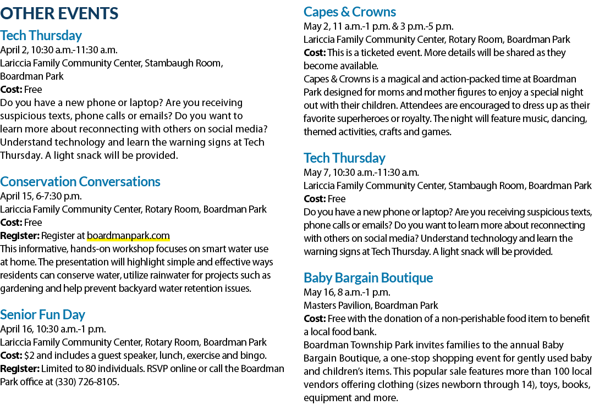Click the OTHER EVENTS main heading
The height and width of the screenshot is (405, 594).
[59, 13]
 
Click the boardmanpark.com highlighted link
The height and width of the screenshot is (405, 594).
[128, 236]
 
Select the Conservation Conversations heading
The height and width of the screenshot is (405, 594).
[80, 182]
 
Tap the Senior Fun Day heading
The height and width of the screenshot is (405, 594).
[42, 314]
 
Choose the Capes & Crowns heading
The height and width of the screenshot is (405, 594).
[350, 12]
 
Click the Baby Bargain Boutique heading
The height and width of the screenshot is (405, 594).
[368, 278]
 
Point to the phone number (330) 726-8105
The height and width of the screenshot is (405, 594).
[87, 382]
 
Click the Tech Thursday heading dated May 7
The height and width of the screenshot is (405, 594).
[344, 158]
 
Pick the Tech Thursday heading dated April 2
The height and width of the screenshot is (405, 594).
[41, 36]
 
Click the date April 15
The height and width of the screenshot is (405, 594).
[15, 196]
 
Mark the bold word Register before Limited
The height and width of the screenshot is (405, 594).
[20, 369]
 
